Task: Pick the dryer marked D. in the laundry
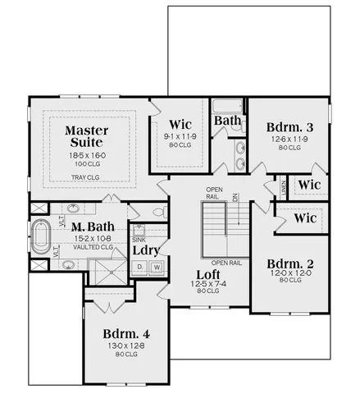[140, 267]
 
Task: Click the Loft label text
[207, 274]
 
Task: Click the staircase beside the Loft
[215, 229]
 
